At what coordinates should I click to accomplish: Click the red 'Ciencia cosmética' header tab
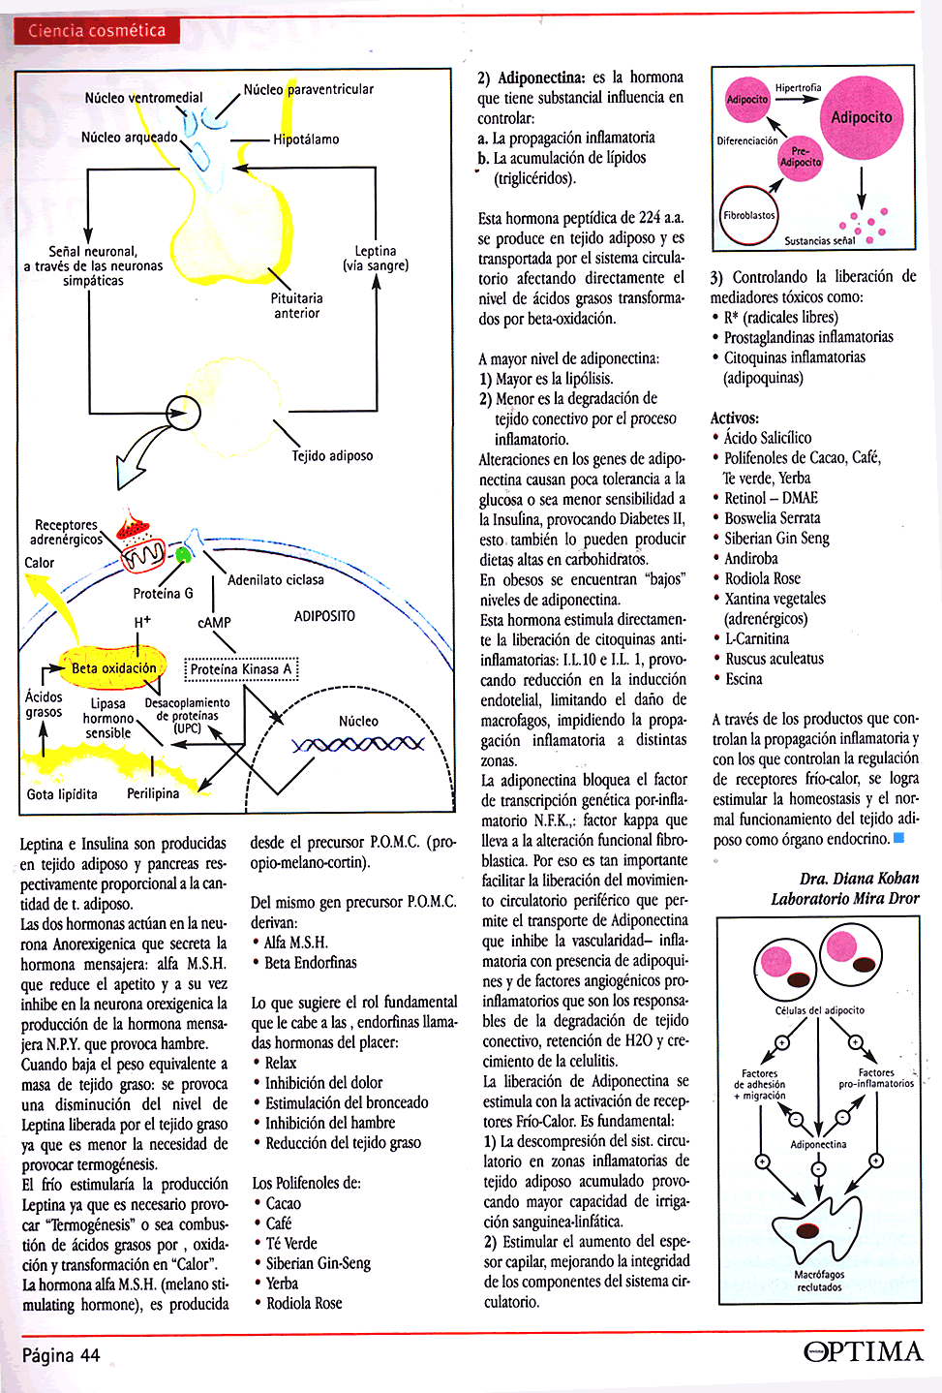[97, 31]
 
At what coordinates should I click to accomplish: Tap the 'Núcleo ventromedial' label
[143, 98]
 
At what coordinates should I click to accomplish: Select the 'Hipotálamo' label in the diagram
[306, 139]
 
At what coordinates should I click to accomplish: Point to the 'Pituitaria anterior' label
[297, 306]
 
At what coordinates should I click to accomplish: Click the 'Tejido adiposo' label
[332, 455]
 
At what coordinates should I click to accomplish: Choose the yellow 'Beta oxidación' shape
[113, 668]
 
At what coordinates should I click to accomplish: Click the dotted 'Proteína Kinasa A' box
[241, 669]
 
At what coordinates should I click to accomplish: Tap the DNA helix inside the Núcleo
[358, 744]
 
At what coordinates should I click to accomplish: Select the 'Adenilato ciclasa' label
[276, 580]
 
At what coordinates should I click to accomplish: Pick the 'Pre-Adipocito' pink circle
[800, 157]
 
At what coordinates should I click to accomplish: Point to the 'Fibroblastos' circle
[748, 215]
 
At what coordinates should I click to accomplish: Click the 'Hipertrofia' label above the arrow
[798, 88]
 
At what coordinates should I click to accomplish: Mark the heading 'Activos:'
[735, 418]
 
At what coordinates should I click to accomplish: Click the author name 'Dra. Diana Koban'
[859, 879]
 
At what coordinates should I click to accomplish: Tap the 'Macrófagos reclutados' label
[819, 1281]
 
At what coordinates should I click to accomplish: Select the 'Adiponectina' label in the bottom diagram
[818, 1144]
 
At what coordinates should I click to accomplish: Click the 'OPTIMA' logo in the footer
[864, 1351]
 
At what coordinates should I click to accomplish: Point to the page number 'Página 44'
[61, 1355]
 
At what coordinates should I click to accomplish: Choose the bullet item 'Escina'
[744, 679]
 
